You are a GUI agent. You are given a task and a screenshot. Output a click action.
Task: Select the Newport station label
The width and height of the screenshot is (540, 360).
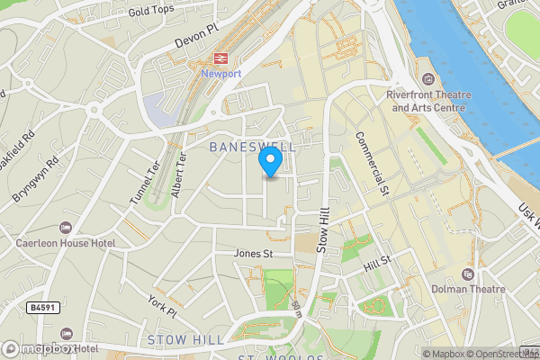(x=221, y=74)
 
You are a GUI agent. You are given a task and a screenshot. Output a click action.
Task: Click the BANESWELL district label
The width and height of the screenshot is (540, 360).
(x=252, y=146)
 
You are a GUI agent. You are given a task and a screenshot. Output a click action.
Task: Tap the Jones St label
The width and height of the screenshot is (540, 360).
(x=253, y=254)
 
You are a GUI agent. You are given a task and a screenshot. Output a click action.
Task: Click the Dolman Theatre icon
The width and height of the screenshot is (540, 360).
(x=466, y=274)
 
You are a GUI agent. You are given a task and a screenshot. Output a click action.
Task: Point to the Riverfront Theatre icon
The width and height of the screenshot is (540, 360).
(x=427, y=79)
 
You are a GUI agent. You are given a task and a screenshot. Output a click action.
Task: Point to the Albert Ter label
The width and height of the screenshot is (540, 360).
(x=178, y=175)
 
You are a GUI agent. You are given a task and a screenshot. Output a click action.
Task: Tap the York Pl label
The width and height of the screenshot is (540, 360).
(x=164, y=307)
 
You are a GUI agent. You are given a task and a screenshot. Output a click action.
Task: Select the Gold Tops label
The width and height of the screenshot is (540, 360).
(x=150, y=12)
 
